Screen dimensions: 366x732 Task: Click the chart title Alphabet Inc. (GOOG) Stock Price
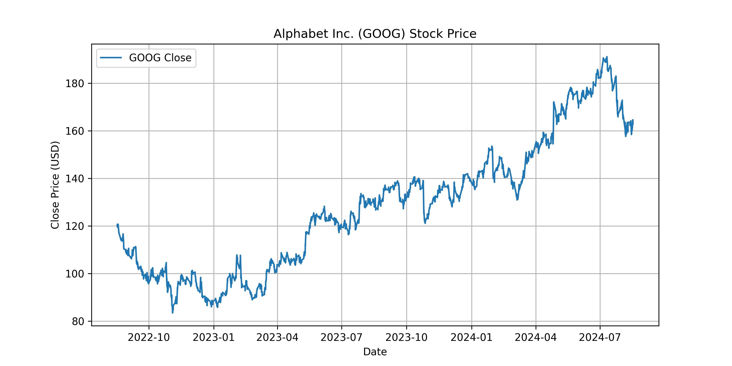pyautogui.click(x=375, y=34)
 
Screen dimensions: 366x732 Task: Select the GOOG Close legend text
pyautogui.click(x=160, y=58)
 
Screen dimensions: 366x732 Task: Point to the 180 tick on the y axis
pyautogui.click(x=75, y=83)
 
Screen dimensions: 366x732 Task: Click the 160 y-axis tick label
pyautogui.click(x=75, y=131)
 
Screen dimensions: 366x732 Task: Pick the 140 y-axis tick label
pyautogui.click(x=75, y=179)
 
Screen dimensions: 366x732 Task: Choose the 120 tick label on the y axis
pyautogui.click(x=75, y=226)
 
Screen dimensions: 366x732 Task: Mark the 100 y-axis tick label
pyautogui.click(x=75, y=274)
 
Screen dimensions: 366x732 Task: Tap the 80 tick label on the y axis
pyautogui.click(x=78, y=321)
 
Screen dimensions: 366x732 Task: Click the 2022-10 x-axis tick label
pyautogui.click(x=149, y=338)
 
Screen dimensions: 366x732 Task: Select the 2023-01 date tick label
pyautogui.click(x=214, y=338)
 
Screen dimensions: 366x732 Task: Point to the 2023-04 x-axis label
pyautogui.click(x=277, y=338)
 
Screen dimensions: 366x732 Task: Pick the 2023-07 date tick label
pyautogui.click(x=342, y=338)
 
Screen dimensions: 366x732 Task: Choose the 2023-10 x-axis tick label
pyautogui.click(x=406, y=338)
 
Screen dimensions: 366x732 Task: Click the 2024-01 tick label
pyautogui.click(x=472, y=338)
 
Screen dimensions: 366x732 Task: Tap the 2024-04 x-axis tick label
pyautogui.click(x=536, y=338)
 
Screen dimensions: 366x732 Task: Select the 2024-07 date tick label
pyautogui.click(x=600, y=338)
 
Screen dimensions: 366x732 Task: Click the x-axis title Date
pyautogui.click(x=375, y=352)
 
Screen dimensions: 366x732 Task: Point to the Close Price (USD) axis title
pyautogui.click(x=55, y=185)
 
